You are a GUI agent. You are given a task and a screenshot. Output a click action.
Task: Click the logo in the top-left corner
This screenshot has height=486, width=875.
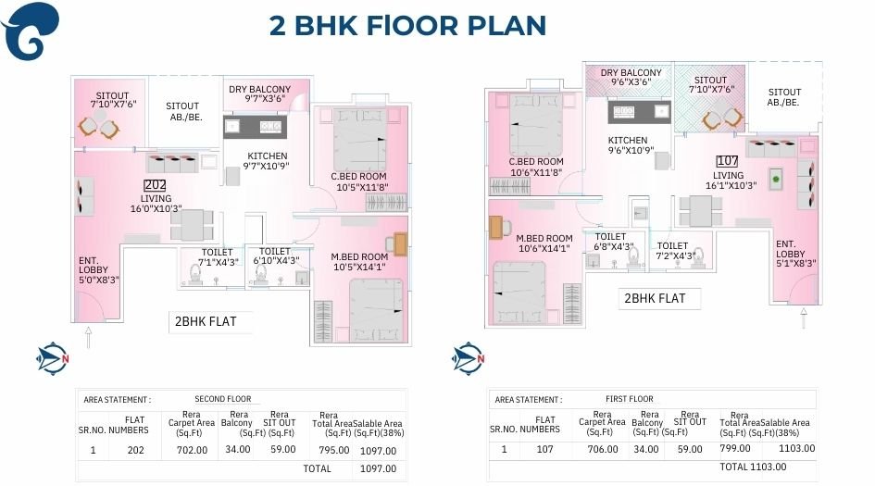point(31,30)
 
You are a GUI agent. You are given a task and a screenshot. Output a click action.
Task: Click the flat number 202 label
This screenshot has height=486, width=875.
point(155,185)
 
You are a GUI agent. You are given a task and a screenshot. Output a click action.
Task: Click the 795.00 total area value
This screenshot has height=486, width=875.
point(334,451)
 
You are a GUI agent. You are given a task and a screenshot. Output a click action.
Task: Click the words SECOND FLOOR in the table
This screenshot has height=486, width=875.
point(222,399)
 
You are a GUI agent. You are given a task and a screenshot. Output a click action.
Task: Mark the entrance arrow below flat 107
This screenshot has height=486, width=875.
point(803,320)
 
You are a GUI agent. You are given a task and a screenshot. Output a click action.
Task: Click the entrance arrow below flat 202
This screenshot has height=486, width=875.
point(88,336)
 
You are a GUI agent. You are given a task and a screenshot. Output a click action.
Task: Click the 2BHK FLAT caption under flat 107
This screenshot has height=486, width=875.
point(655,298)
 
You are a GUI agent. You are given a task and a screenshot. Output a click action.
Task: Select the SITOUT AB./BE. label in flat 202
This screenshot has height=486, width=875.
point(183,112)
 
